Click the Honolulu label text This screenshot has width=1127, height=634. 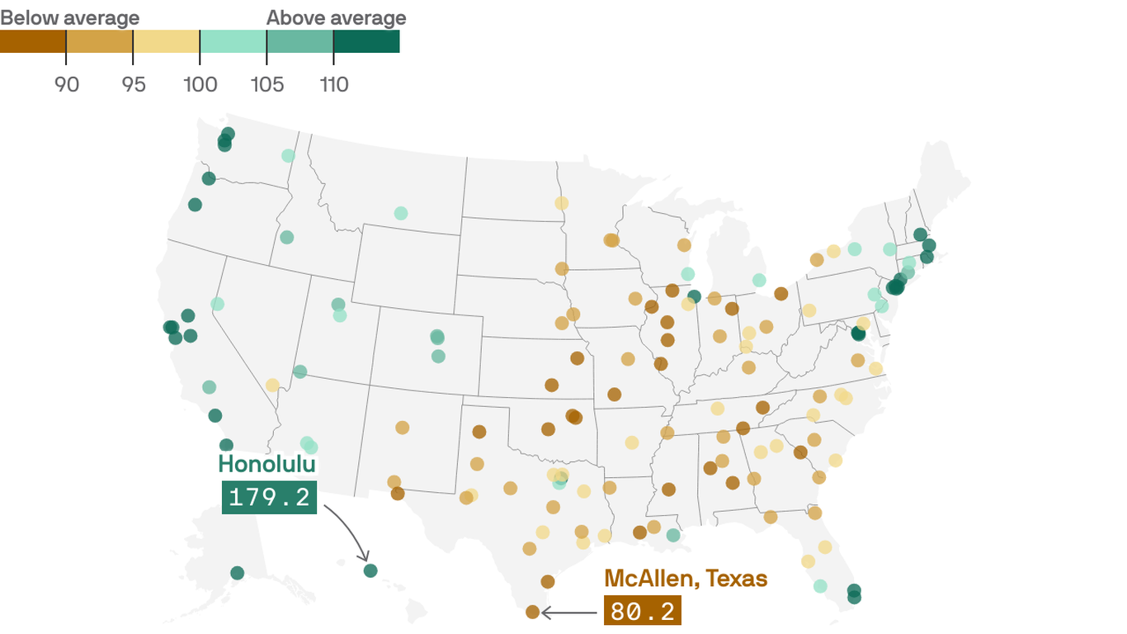tap(266, 464)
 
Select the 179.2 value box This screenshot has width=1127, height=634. tap(269, 497)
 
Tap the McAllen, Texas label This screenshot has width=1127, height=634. tap(685, 578)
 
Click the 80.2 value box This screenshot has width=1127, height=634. tap(642, 611)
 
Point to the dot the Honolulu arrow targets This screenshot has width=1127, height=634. tap(370, 570)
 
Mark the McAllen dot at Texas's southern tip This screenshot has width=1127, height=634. tap(532, 612)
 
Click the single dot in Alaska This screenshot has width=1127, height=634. tap(238, 573)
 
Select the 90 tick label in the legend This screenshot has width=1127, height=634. tap(67, 84)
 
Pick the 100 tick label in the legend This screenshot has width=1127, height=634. tap(200, 84)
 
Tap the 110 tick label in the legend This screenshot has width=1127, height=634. tap(333, 84)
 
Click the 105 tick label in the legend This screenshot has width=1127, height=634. tap(266, 84)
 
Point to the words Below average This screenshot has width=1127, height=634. tap(70, 18)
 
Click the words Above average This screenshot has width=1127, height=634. tap(336, 18)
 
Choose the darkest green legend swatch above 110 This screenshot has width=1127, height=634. tap(366, 41)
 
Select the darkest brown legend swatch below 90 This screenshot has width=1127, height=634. tap(33, 41)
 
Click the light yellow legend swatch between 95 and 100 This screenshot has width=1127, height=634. tap(167, 41)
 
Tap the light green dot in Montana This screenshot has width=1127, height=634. tap(400, 213)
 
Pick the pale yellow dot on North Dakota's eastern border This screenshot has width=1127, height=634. tap(562, 203)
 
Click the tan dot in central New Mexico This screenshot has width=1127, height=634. tap(402, 428)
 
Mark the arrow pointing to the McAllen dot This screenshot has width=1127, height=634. tap(569, 613)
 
